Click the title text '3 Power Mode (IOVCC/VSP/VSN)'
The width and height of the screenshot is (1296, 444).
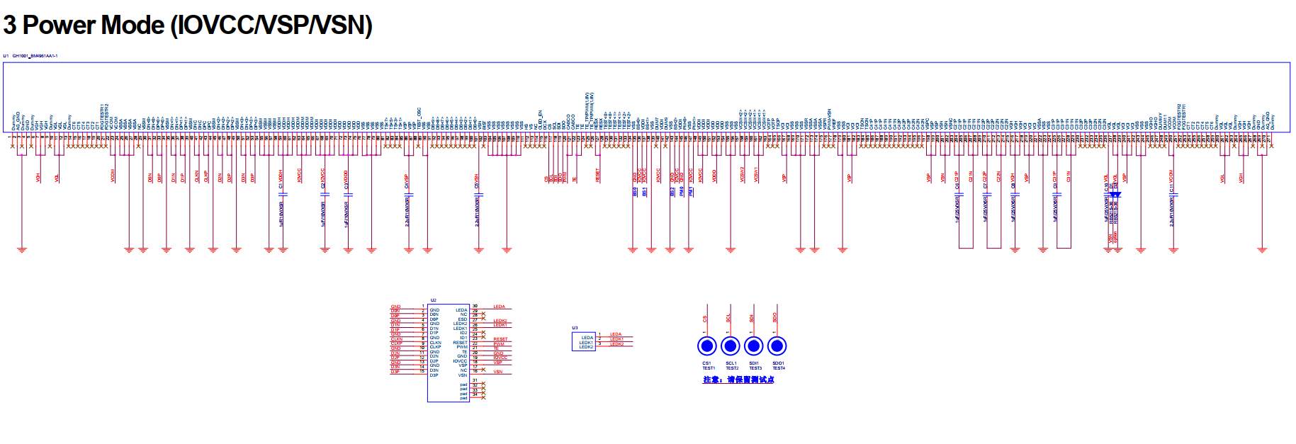188,25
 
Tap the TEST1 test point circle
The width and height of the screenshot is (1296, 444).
706,346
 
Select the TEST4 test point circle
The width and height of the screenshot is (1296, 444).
777,346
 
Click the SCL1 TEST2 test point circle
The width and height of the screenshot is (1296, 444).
730,346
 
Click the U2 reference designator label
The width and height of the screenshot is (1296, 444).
434,300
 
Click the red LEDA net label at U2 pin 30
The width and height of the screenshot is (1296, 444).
499,307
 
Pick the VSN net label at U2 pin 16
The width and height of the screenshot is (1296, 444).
498,372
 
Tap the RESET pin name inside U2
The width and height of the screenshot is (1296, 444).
460,343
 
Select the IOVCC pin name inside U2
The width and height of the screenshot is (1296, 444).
460,361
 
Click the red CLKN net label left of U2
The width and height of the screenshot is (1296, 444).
396,339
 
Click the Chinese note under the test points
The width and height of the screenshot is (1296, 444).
738,380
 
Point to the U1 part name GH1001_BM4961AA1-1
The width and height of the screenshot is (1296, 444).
35,56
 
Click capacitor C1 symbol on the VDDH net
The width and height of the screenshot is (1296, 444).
283,193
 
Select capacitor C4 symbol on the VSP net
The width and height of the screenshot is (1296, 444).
409,193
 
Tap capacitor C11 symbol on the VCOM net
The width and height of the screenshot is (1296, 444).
1173,193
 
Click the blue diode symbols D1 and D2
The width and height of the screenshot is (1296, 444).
1115,194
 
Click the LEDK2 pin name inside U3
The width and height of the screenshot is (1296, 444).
586,347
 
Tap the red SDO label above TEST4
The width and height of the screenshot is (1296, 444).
775,317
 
